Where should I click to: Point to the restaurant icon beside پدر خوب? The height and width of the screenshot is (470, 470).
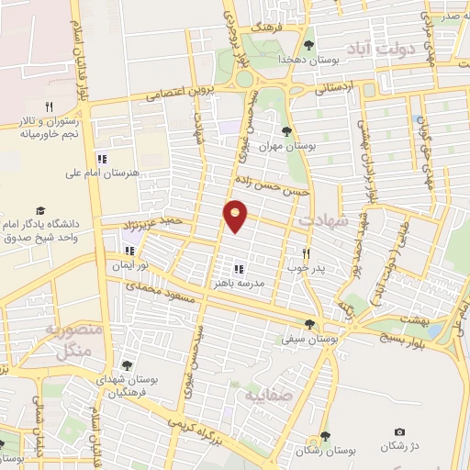tap(307, 252)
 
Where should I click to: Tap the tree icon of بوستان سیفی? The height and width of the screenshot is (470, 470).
tap(309, 323)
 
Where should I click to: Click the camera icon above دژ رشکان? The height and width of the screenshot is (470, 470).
tap(399, 431)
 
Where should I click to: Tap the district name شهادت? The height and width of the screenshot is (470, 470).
tap(323, 220)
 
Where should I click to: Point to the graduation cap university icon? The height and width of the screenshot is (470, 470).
tap(39, 210)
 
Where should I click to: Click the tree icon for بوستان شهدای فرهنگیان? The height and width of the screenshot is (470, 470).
tap(127, 365)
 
